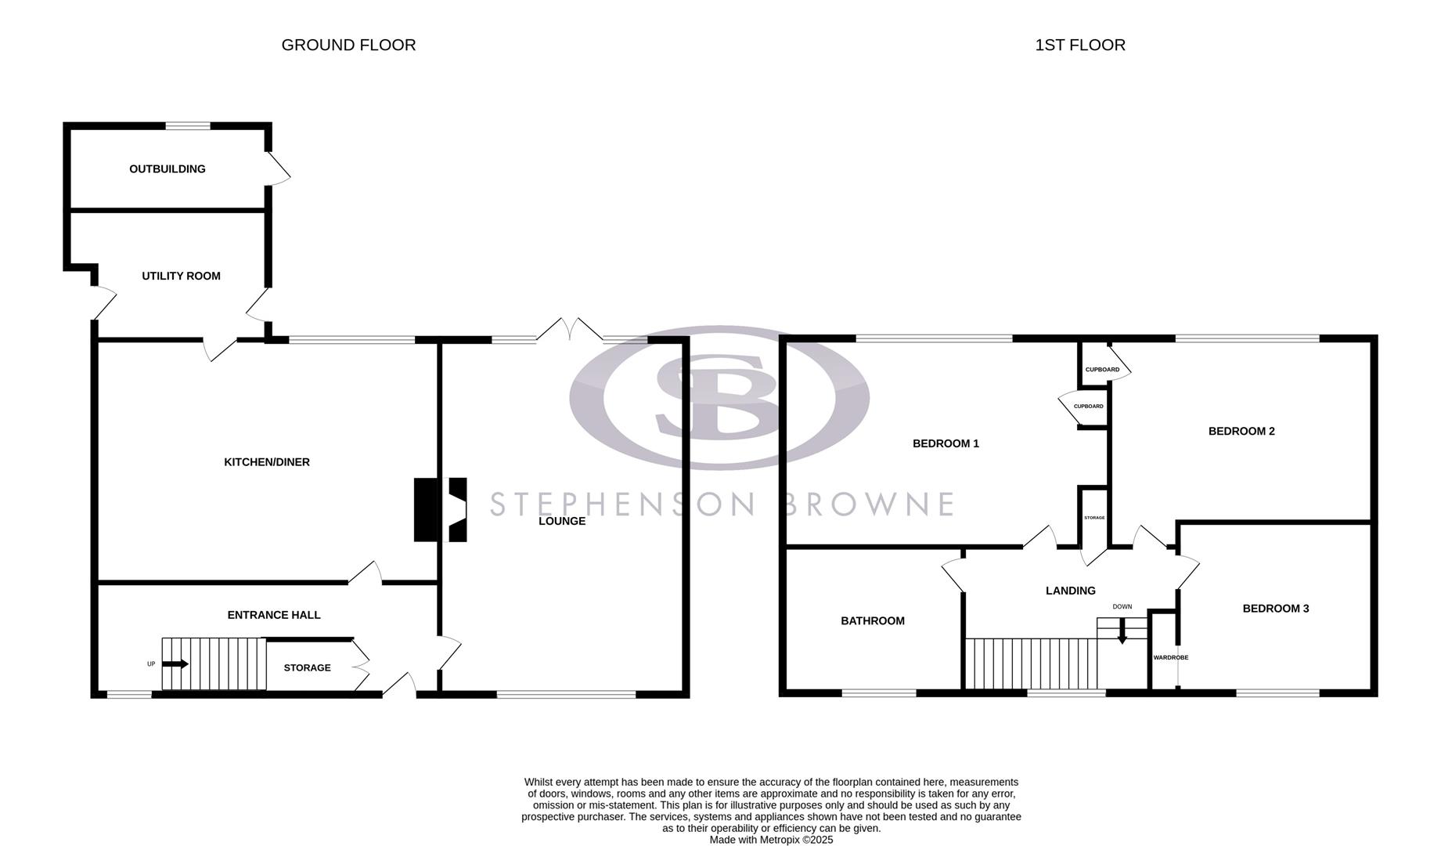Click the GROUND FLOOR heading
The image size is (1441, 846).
(348, 45)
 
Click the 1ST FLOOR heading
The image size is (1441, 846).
(1079, 45)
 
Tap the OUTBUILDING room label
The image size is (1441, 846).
(168, 169)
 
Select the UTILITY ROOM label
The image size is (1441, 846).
(181, 277)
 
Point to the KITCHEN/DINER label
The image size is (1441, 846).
(267, 463)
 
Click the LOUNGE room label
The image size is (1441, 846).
(562, 522)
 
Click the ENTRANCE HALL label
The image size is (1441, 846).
(274, 616)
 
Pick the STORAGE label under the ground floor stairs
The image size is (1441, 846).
(307, 668)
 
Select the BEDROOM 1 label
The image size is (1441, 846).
(946, 444)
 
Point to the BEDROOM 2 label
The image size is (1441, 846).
(1241, 432)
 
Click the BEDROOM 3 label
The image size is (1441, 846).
(1275, 609)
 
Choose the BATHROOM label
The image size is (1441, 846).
(873, 621)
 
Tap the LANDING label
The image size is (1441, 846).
(1070, 591)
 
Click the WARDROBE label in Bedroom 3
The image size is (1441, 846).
(1170, 658)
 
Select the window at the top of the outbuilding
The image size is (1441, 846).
(188, 126)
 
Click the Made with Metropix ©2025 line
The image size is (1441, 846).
(771, 840)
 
